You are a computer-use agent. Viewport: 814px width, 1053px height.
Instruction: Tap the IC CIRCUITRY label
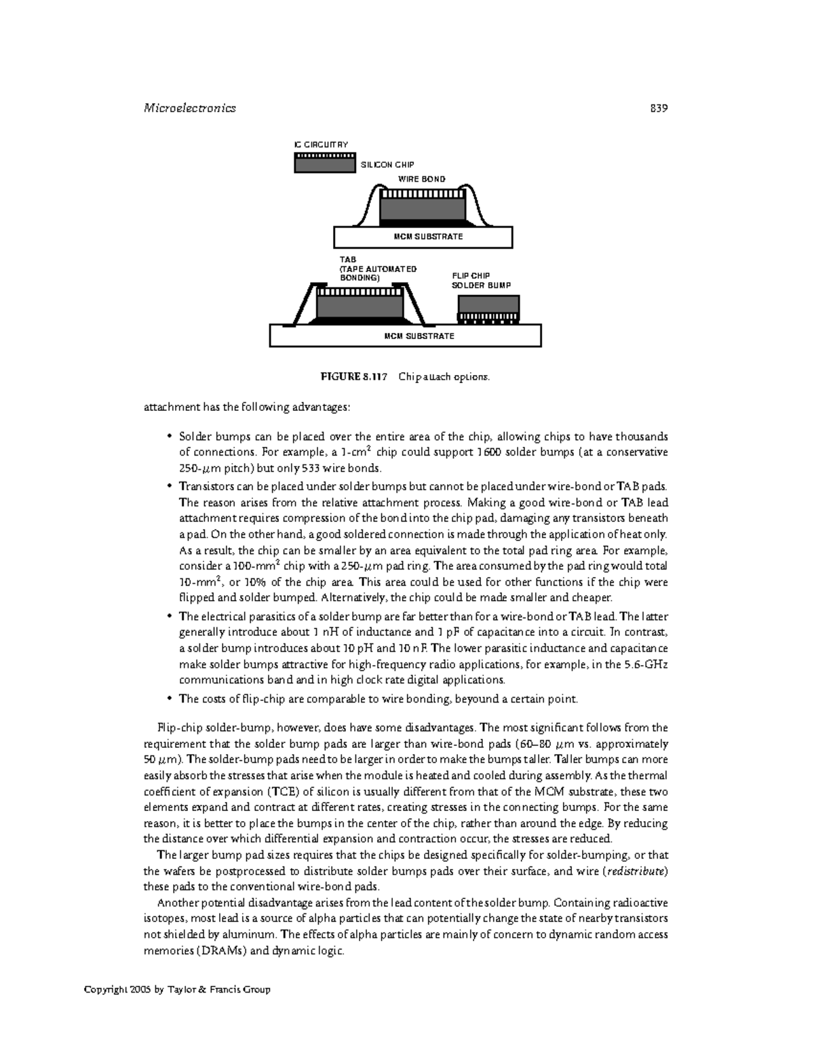pyautogui.click(x=320, y=144)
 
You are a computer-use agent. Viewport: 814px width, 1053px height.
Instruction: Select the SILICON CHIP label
pyautogui.click(x=387, y=165)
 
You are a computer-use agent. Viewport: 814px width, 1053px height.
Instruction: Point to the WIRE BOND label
pyautogui.click(x=421, y=179)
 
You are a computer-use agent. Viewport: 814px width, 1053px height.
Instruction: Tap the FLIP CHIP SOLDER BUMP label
pyautogui.click(x=481, y=281)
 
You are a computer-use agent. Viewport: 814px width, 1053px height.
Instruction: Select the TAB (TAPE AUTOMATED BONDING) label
pyautogui.click(x=377, y=269)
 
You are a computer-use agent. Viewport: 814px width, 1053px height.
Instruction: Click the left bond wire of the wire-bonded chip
pyautogui.click(x=367, y=203)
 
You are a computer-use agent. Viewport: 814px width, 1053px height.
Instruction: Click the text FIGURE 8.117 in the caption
pyautogui.click(x=362, y=376)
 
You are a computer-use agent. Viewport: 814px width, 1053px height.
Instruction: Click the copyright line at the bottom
pyautogui.click(x=177, y=989)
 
